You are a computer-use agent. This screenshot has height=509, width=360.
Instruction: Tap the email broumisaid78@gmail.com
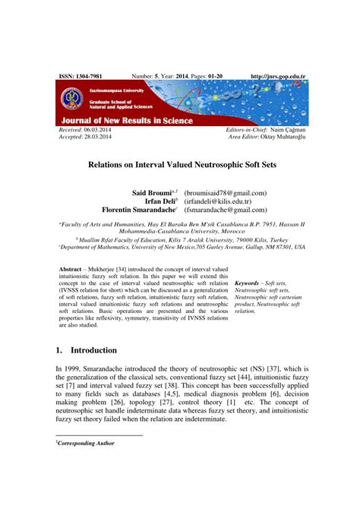coord(226,194)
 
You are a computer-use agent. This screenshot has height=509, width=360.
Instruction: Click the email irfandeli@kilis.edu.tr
coord(220,201)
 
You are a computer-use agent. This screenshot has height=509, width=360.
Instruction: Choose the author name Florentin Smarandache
coord(137,210)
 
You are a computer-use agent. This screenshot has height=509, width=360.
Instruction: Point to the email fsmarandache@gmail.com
coord(226,210)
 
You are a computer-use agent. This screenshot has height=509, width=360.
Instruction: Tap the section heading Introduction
coord(93,351)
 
